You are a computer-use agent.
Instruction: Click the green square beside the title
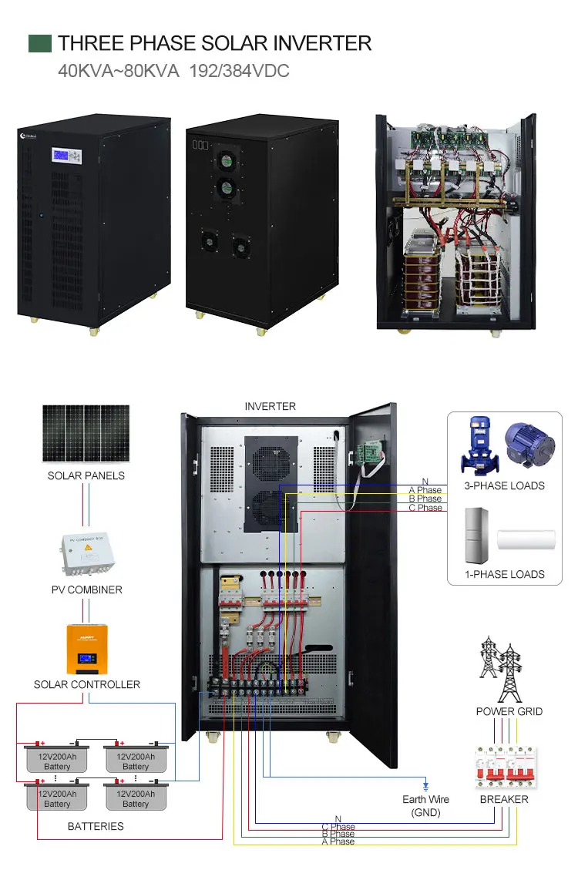pos(39,43)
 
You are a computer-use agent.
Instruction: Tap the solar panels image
pos(86,434)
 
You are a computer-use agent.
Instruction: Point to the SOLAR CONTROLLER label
pos(86,684)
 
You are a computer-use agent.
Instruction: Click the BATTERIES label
pos(96,826)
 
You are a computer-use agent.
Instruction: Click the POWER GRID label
pos(509,711)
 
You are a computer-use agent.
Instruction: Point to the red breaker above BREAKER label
pos(505,767)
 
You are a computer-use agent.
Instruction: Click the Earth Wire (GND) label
pos(425,806)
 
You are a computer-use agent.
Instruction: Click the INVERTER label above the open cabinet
pos(270,406)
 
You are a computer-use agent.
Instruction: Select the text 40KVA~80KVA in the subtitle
pos(119,71)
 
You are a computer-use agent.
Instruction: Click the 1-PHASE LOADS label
pos(505,574)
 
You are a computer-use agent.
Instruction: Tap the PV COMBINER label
pos(86,589)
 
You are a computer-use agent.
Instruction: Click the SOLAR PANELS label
pos(86,475)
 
